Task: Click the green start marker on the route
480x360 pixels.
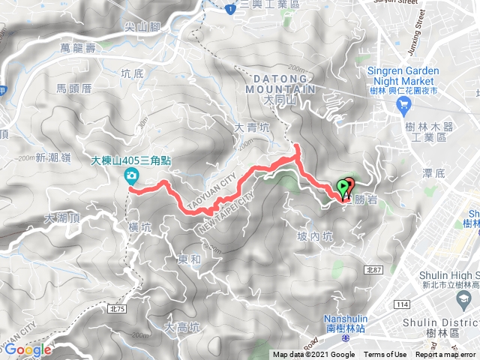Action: click(344, 187)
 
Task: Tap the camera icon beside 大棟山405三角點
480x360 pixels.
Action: click(131, 175)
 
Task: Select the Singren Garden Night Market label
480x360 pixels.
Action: click(401, 76)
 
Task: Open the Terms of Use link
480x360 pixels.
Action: click(385, 355)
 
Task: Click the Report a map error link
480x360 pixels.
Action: click(446, 355)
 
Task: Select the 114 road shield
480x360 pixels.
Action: click(403, 304)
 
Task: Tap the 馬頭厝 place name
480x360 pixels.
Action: click(73, 88)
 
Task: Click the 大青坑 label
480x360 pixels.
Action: click(251, 127)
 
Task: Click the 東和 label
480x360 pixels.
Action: click(189, 259)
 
